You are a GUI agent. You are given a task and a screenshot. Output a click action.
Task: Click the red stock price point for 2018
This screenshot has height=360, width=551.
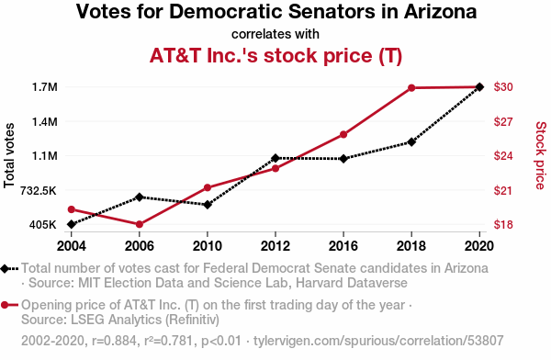(411, 88)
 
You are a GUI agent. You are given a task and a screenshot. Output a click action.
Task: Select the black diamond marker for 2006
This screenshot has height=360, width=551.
(140, 197)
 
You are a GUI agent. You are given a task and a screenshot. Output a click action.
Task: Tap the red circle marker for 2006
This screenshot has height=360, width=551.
(140, 224)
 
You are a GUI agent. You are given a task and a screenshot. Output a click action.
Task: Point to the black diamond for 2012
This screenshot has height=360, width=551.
(275, 158)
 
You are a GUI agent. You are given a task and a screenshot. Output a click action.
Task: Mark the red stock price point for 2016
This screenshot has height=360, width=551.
(343, 135)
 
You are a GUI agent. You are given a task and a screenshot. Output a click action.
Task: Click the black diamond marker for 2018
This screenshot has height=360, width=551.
(411, 142)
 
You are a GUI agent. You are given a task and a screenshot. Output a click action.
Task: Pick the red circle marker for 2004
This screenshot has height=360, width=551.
(72, 209)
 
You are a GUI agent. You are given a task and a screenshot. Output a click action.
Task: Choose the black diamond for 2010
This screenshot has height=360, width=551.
(208, 205)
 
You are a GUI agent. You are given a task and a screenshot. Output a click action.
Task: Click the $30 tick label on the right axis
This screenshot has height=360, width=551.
(503, 87)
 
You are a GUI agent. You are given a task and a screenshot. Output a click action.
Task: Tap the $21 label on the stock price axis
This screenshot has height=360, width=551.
(503, 190)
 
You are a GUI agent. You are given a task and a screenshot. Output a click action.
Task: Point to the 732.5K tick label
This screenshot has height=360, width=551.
(38, 190)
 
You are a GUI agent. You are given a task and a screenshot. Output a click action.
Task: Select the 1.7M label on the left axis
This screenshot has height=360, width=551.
(45, 87)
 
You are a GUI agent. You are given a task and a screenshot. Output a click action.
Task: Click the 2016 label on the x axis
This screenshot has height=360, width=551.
(343, 246)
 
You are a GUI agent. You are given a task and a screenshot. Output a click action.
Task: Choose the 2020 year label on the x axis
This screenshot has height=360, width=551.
(479, 246)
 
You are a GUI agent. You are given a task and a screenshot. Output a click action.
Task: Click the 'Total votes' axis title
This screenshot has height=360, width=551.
(9, 155)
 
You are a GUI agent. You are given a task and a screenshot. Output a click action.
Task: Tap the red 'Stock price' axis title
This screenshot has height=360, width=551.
(541, 155)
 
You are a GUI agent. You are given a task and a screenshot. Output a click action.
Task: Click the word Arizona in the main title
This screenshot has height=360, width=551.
(440, 11)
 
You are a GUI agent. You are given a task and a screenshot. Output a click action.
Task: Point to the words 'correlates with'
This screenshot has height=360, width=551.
(275, 34)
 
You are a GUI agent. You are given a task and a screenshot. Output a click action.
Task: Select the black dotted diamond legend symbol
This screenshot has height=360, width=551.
(9, 269)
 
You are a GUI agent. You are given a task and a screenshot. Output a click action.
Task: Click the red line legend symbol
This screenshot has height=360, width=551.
(9, 305)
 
